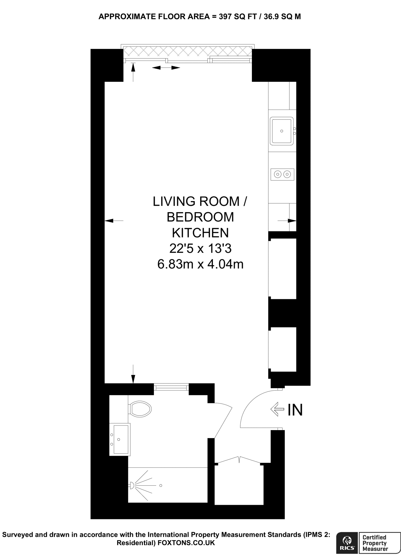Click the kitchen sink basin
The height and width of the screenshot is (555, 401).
tap(282, 131)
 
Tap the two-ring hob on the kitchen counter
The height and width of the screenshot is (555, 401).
tap(282, 174)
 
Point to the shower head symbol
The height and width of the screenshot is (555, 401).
tap(132, 485)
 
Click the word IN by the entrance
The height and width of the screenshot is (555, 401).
tap(295, 410)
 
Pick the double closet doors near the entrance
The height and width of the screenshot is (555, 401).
tap(239, 460)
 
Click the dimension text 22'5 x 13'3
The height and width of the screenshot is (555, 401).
tap(200, 248)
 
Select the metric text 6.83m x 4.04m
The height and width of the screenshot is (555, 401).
tap(200, 264)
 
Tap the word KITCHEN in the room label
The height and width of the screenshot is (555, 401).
tap(200, 233)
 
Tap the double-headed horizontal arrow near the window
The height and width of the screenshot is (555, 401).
tap(166, 68)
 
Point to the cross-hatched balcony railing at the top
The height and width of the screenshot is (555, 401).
tap(187, 51)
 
